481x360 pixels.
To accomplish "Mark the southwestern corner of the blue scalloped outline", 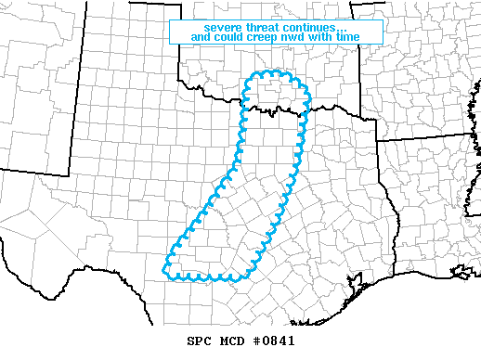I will pyautogui.click(x=165, y=272).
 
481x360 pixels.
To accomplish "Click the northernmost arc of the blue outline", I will pyautogui.click(x=276, y=72).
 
